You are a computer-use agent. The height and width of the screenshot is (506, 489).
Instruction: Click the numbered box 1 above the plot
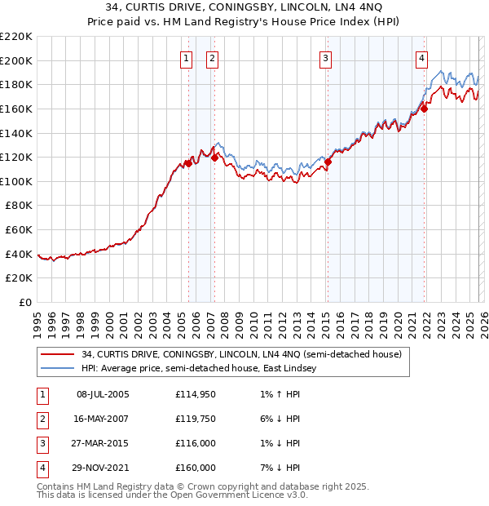tap(187, 58)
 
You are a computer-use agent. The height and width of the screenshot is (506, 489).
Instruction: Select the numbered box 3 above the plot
tap(325, 58)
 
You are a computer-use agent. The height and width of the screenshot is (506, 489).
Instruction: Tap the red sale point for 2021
tap(425, 108)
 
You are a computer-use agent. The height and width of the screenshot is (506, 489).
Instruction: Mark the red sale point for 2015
tap(328, 162)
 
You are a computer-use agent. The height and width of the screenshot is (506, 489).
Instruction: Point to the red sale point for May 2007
tap(214, 158)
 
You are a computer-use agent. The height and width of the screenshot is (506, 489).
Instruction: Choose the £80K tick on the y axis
tap(20, 206)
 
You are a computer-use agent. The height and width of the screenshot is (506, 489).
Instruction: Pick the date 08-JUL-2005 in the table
tap(102, 394)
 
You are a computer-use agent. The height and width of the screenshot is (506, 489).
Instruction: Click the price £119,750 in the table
tap(196, 419)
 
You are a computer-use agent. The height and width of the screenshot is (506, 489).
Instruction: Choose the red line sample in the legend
tap(58, 355)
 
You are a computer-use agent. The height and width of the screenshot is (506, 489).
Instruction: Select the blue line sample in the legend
tap(58, 369)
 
